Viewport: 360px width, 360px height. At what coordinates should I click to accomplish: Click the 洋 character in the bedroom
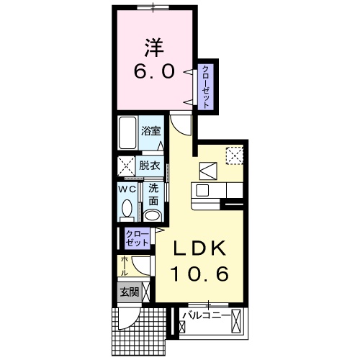154,48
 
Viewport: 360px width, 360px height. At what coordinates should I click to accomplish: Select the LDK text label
199,248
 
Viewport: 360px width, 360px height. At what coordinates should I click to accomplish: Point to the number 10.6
199,274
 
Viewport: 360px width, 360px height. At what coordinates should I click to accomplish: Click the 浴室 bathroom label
150,131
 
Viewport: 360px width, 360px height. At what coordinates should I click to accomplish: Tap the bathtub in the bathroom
127,133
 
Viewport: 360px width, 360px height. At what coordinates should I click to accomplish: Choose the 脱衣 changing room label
150,166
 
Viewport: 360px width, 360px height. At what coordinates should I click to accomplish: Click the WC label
127,189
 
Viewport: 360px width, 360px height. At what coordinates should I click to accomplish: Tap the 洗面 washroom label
153,195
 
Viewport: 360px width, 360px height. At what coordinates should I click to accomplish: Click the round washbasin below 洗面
153,215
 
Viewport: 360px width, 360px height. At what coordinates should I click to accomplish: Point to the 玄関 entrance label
130,292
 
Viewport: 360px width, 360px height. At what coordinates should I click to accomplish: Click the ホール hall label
125,266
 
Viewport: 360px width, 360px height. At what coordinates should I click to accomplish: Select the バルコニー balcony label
206,315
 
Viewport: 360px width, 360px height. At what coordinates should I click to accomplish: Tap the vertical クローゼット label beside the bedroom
206,87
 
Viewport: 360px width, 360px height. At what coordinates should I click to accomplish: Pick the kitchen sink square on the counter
202,191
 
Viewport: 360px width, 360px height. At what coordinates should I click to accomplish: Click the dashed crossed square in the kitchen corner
235,156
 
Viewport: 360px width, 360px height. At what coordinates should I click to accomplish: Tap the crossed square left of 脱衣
127,166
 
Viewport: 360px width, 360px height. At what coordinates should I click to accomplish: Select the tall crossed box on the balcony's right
235,321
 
